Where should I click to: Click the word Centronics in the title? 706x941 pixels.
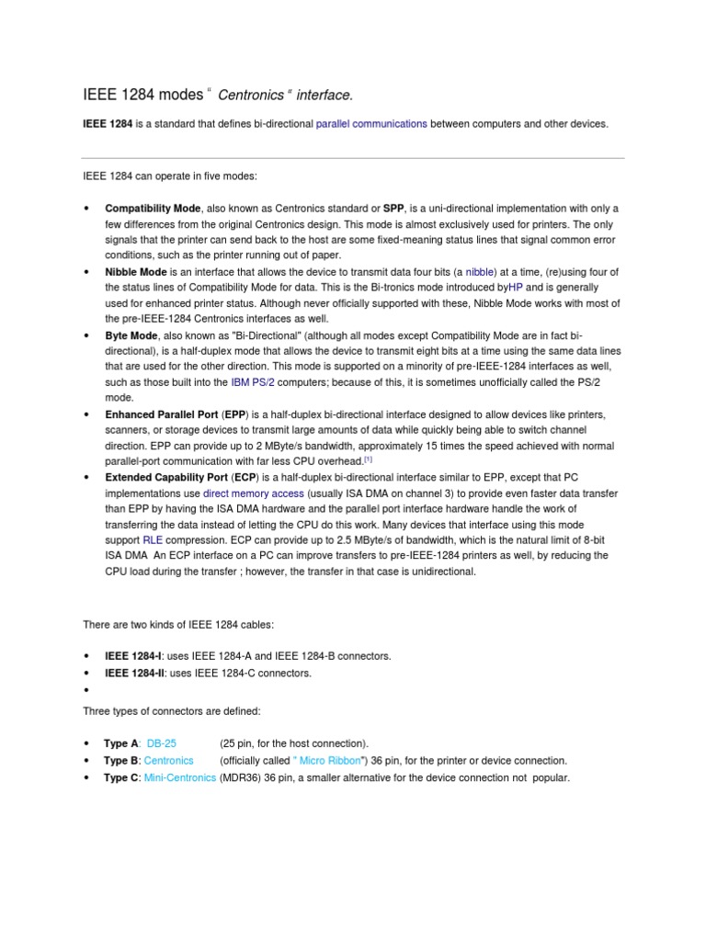click(250, 95)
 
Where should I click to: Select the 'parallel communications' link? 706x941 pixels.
click(371, 123)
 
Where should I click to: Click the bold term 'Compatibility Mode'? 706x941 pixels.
click(153, 208)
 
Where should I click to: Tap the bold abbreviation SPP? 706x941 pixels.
click(394, 208)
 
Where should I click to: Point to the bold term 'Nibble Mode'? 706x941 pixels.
click(136, 272)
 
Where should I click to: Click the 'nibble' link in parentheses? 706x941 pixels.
click(480, 272)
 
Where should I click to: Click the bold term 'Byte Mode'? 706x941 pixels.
click(131, 336)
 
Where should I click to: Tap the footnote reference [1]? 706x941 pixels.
click(368, 459)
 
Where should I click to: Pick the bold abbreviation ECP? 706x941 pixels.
click(244, 478)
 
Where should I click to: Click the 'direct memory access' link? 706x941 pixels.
click(254, 493)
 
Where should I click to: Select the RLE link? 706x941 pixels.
click(152, 541)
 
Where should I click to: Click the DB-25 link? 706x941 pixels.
click(162, 743)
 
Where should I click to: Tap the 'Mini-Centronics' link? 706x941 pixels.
click(180, 777)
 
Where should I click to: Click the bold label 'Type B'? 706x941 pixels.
click(121, 760)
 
